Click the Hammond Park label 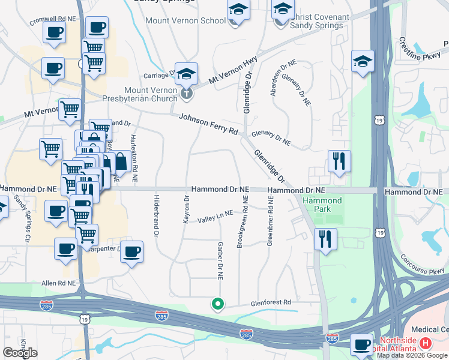[x=322, y=205]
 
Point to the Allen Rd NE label [x=59, y=283]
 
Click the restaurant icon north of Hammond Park [x=339, y=161]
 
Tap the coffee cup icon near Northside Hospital [x=362, y=344]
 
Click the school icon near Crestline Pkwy [x=363, y=61]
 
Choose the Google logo [x=20, y=353]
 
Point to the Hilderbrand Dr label [x=155, y=215]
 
